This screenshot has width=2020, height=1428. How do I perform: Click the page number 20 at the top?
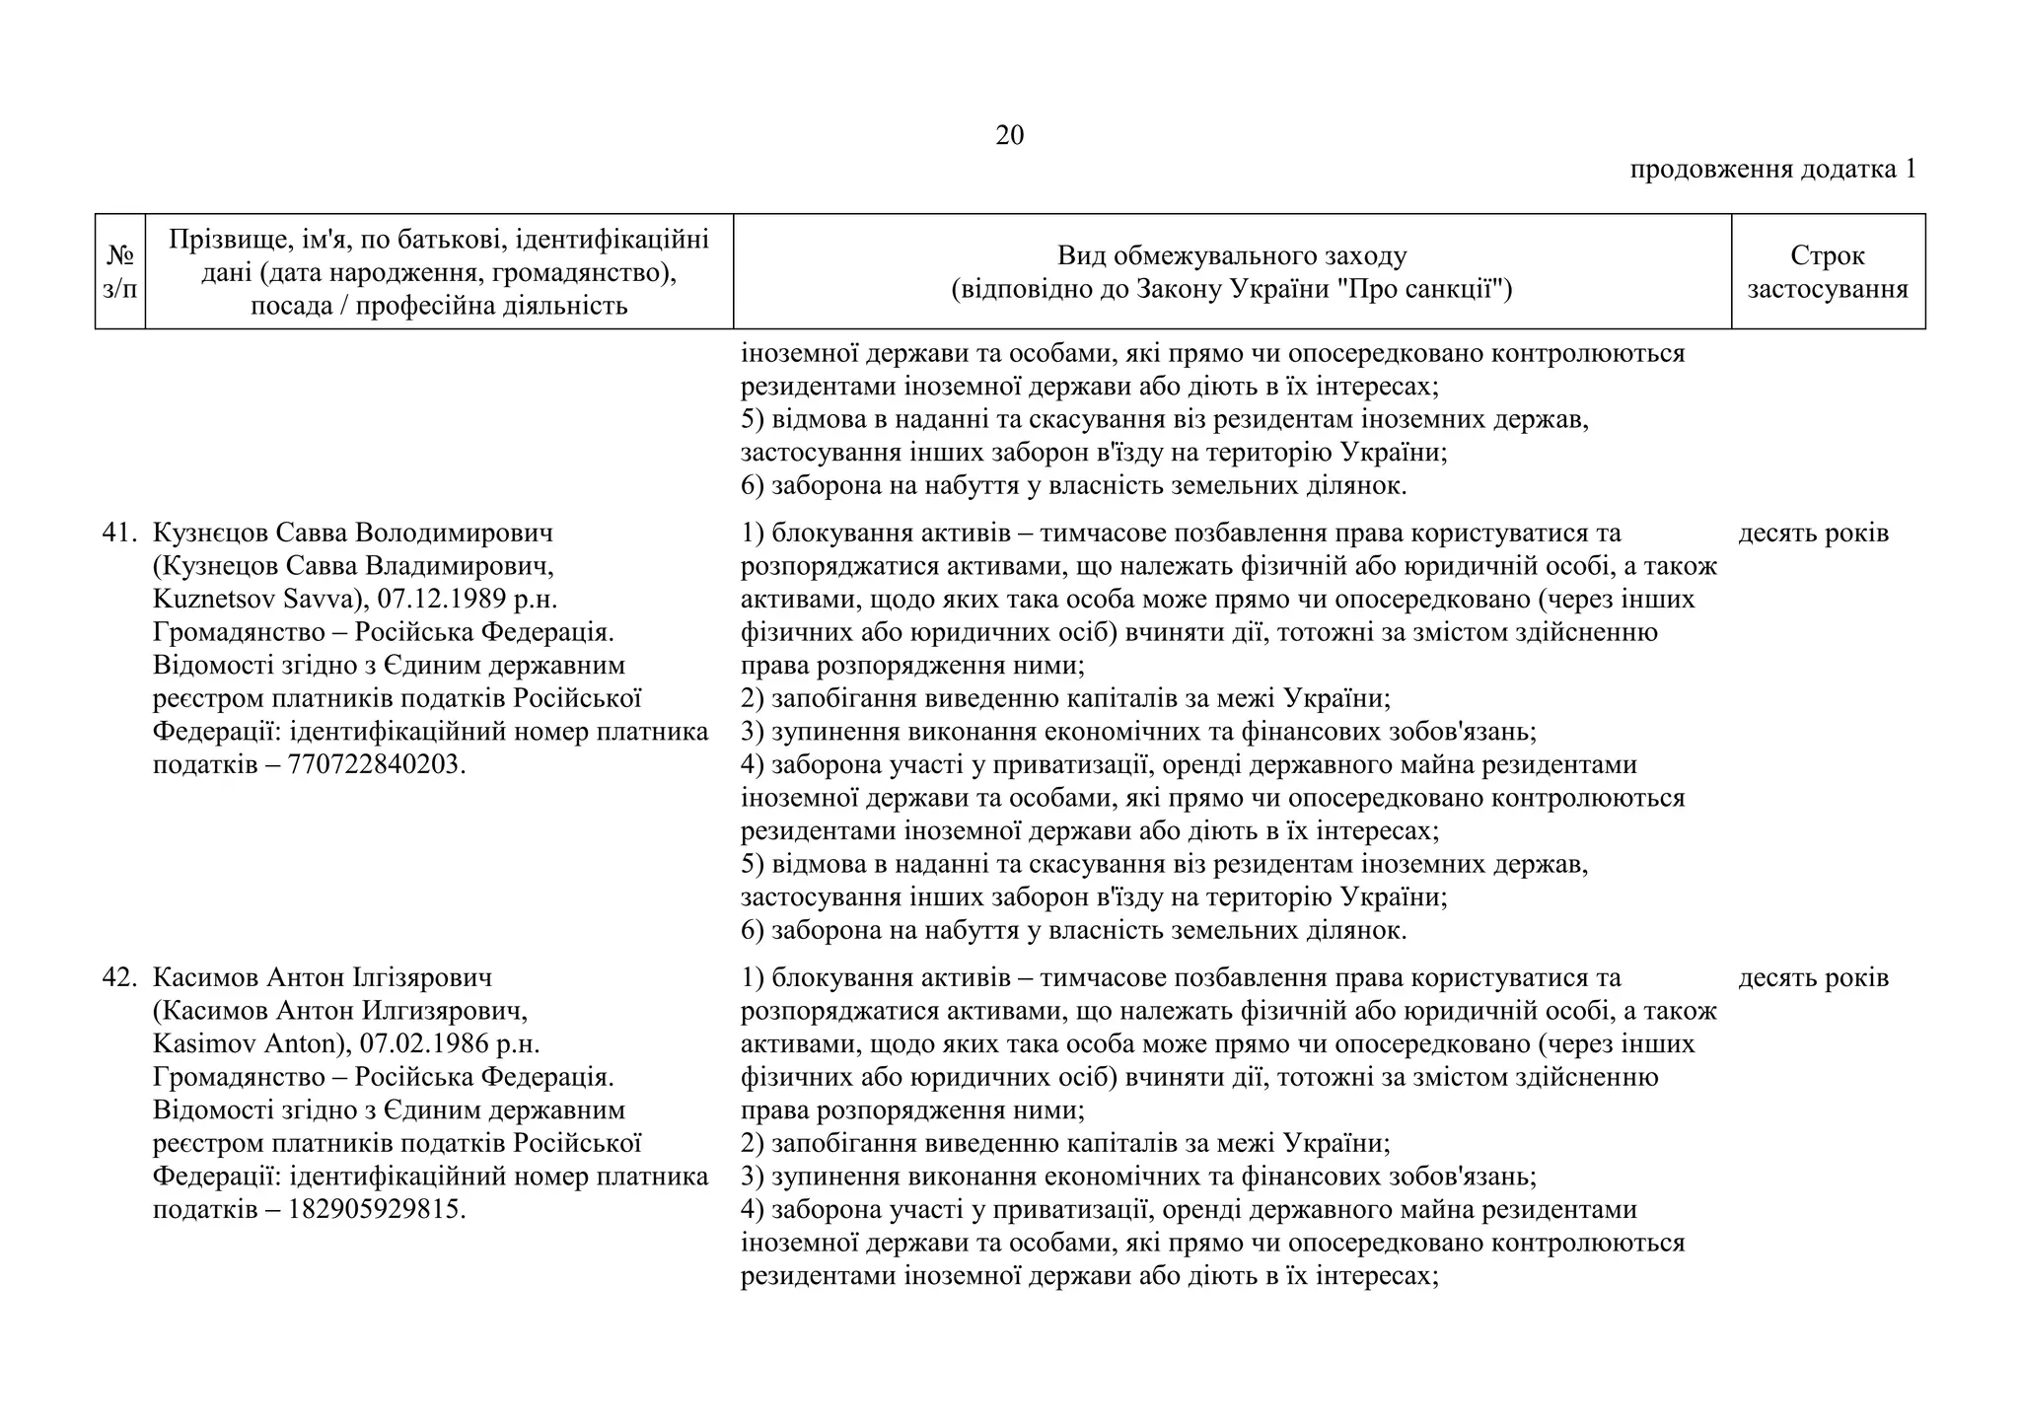click(x=1009, y=136)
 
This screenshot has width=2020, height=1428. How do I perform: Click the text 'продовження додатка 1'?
click(x=1772, y=170)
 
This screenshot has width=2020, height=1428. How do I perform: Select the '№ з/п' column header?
click(x=120, y=272)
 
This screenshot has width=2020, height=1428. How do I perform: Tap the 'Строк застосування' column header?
click(x=1827, y=272)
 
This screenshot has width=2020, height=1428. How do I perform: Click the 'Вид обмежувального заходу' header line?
click(x=1231, y=256)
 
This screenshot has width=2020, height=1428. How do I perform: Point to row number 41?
click(x=118, y=534)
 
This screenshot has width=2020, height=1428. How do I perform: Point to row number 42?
click(x=118, y=978)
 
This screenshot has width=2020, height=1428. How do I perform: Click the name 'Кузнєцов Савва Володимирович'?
click(x=353, y=534)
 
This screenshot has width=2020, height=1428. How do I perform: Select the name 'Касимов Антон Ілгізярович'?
click(x=323, y=978)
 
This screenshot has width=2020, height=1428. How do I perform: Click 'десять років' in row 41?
click(x=1813, y=534)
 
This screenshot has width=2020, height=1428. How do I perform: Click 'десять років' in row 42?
click(x=1813, y=978)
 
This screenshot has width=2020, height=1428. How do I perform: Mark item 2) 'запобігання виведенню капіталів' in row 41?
click(x=1065, y=699)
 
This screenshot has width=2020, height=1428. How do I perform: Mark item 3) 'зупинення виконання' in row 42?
click(x=1138, y=1177)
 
